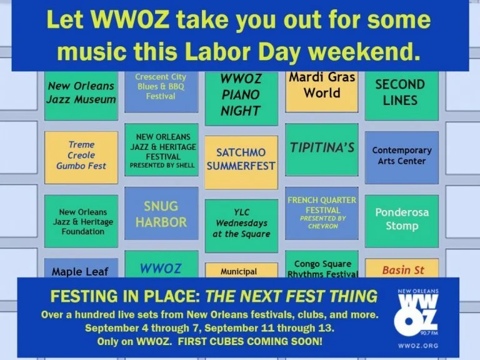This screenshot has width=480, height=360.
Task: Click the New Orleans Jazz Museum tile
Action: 81,96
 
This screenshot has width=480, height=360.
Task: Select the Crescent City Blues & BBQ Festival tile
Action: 161,91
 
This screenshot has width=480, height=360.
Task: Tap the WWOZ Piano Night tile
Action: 241,98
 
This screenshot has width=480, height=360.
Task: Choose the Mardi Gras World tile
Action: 322,91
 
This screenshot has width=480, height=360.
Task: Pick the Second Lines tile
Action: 402,96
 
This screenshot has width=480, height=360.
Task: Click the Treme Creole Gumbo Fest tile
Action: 81,157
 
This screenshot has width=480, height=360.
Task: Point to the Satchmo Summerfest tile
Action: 241,162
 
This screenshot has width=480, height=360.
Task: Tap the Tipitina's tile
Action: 322,150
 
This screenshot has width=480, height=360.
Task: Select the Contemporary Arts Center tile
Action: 402,157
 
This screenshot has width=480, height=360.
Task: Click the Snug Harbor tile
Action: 161,213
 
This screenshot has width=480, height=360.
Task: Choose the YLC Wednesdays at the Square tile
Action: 241,226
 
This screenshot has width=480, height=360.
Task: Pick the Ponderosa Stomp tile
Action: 402,221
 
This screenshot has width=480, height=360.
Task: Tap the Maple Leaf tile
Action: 81,268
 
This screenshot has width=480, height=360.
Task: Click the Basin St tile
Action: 402,268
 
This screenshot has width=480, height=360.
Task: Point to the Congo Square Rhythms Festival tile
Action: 322,264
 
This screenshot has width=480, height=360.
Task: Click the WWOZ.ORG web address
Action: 418,346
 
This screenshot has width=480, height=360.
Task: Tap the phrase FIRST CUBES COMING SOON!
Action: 250,341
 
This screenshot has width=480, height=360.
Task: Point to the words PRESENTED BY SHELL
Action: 162,165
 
